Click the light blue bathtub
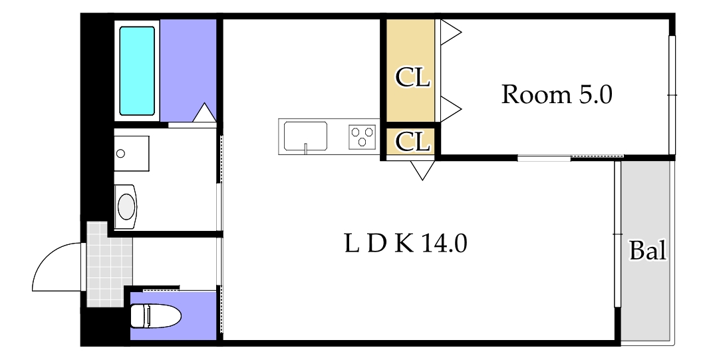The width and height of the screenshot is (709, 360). tap(137, 71)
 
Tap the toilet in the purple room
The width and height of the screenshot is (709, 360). tap(156, 315)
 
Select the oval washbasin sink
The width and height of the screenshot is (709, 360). tap(126, 207)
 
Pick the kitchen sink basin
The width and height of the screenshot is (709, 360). tap(305, 135)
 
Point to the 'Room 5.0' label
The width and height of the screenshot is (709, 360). tap(557, 95)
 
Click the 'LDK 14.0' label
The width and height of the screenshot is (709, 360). tap(405, 244)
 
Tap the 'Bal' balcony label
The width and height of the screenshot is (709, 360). tap(648, 250)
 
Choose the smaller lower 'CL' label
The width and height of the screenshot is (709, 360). tap(412, 142)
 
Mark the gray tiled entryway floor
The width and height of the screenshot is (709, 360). tap(106, 265)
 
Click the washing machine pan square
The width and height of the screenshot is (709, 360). tap(132, 153)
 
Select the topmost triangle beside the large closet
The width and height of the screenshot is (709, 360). tap(450, 32)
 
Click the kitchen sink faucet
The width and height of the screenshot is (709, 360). tap(306, 148)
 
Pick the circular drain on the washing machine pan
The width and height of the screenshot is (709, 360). tap(120, 153)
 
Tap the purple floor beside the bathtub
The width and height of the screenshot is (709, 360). tap(188, 68)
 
